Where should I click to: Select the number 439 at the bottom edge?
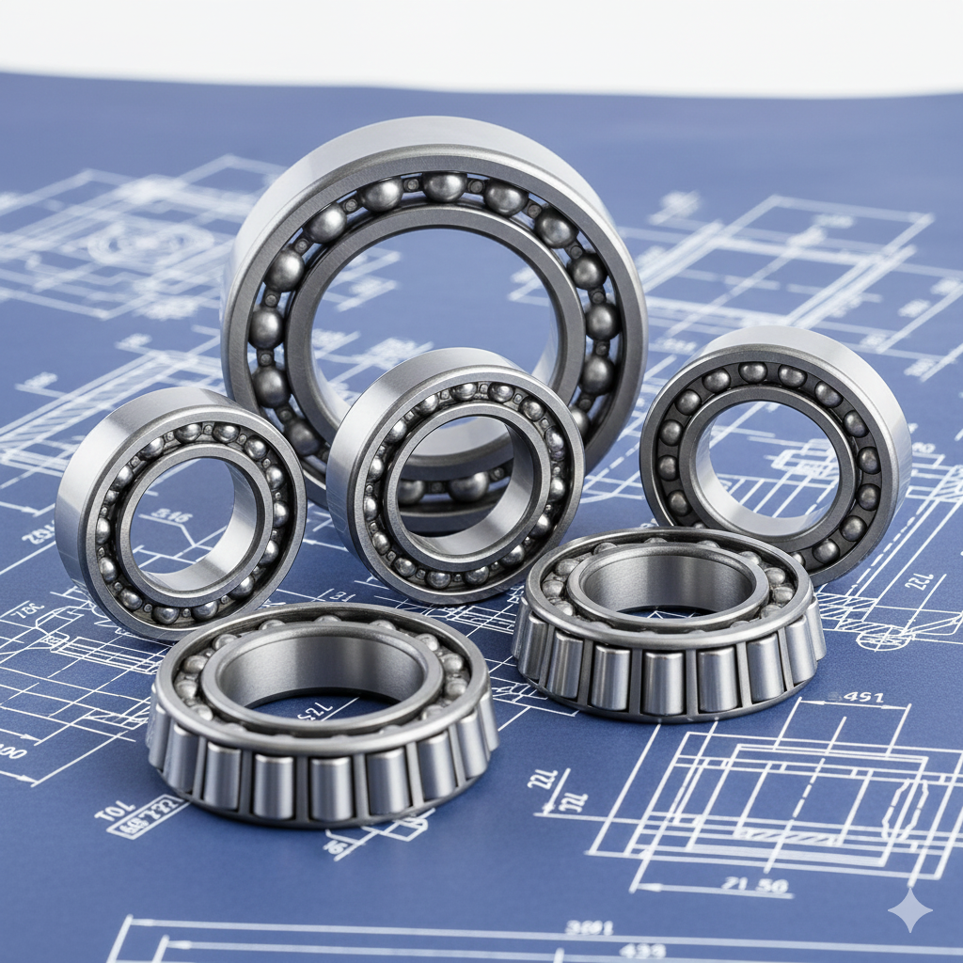pyautogui.click(x=643, y=951)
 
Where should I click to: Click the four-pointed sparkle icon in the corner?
pyautogui.click(x=909, y=910)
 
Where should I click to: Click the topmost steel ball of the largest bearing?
pyautogui.click(x=443, y=186)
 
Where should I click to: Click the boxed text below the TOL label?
pyautogui.click(x=149, y=817)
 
